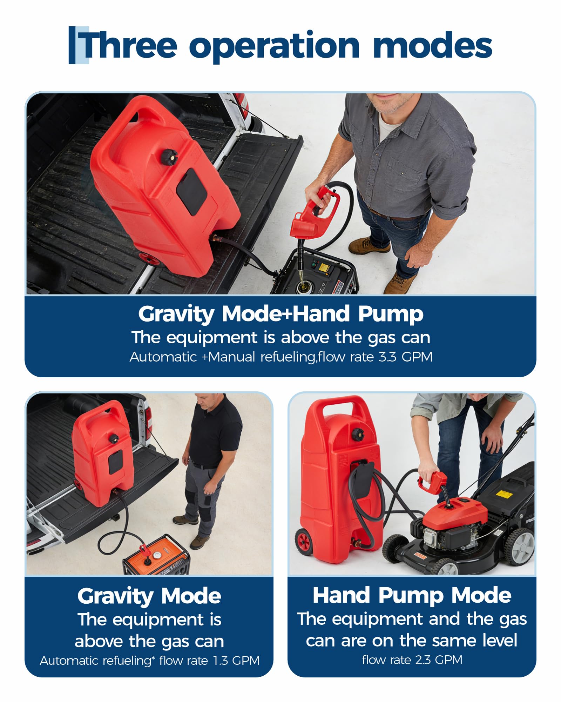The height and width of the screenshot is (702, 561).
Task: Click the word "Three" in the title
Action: (x=129, y=45)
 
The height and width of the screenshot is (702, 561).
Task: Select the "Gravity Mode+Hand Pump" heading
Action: (x=280, y=313)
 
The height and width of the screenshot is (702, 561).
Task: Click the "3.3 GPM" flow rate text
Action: (x=406, y=357)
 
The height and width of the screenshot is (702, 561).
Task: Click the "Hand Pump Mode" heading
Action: (x=412, y=595)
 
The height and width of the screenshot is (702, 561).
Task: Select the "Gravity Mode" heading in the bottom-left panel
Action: (x=149, y=596)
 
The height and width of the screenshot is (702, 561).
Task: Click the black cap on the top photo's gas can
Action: (x=169, y=156)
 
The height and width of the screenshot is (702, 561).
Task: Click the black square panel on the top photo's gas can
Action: (x=191, y=191)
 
